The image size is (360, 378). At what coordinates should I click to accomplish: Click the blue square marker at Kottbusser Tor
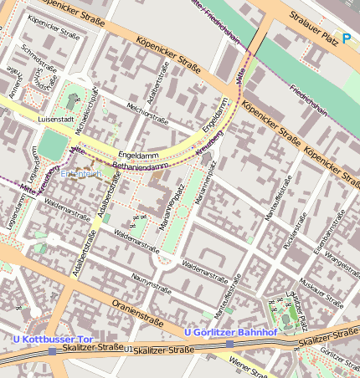[52, 351]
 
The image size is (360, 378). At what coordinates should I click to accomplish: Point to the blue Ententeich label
[81, 174]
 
